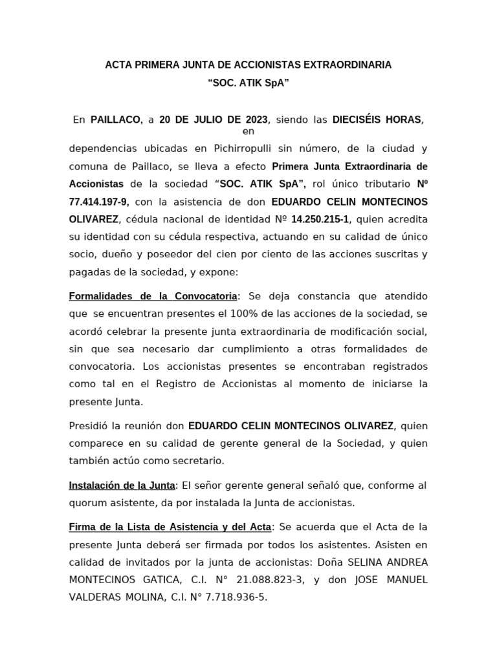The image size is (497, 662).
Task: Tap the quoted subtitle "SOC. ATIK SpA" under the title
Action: (248, 83)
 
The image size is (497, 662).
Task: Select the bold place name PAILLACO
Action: (116, 120)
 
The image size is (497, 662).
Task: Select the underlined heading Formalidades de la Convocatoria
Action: (153, 296)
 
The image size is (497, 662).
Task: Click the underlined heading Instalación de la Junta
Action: (122, 486)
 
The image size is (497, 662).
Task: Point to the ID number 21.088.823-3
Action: (258, 580)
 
